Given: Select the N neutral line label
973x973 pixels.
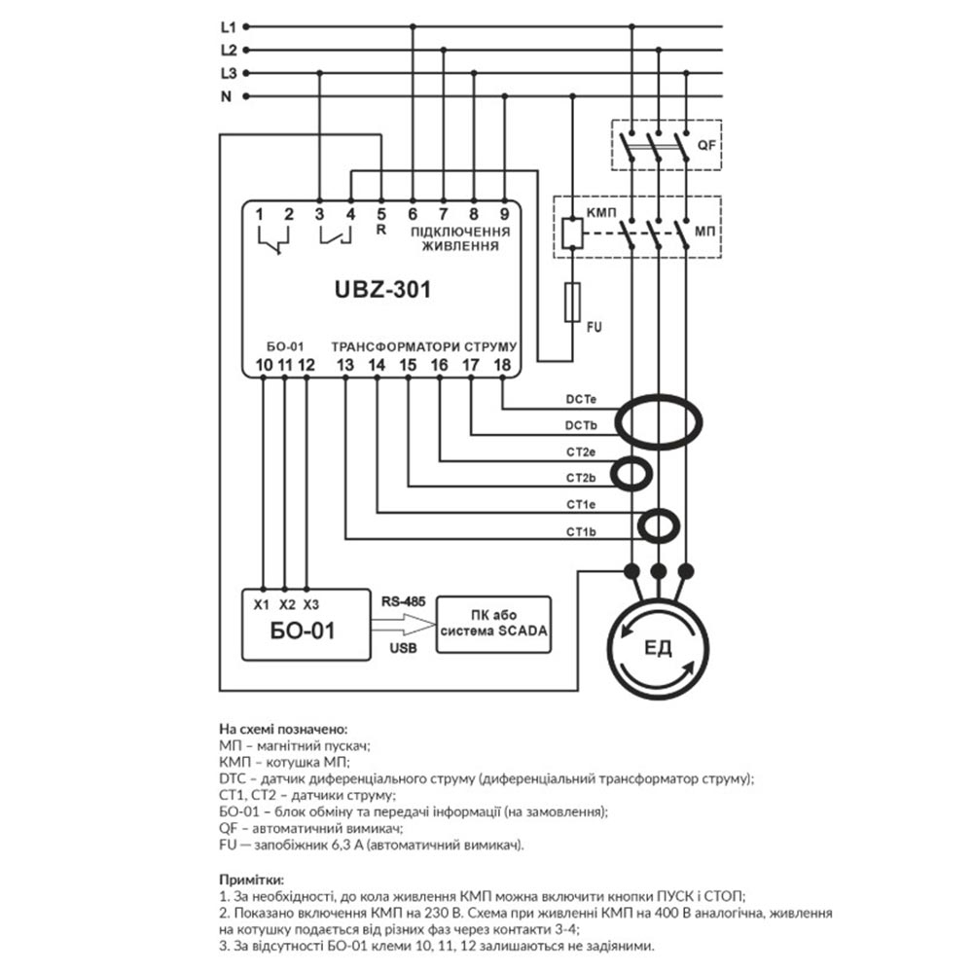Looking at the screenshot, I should click(227, 96).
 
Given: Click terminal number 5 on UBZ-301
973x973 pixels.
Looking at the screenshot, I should click(381, 214).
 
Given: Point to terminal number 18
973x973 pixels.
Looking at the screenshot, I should click(502, 365).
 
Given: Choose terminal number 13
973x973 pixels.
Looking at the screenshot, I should click(344, 365).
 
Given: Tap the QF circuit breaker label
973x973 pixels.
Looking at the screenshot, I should click(706, 147).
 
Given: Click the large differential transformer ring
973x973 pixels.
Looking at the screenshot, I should click(662, 414).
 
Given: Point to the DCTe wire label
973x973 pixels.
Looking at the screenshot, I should click(581, 400).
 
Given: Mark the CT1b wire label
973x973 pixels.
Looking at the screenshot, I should click(581, 531).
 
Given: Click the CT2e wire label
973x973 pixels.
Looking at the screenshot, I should click(581, 452).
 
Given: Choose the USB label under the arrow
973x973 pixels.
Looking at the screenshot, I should click(403, 648).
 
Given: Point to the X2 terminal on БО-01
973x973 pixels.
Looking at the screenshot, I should click(286, 604).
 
